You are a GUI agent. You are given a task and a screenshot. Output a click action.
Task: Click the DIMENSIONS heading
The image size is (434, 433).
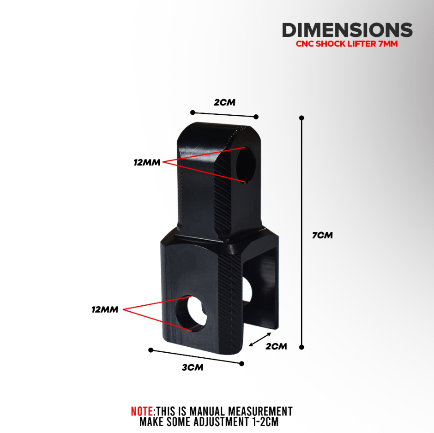[x=347, y=30]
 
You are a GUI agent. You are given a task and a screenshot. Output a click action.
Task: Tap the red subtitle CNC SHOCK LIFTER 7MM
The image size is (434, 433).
[x=347, y=44]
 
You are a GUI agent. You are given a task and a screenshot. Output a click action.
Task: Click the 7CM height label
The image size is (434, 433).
[x=322, y=235]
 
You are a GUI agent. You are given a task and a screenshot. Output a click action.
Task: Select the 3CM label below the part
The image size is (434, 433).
[x=193, y=368]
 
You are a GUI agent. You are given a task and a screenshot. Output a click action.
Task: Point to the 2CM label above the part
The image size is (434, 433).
[x=224, y=102]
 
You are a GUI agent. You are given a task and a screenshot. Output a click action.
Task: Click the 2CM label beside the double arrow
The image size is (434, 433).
[x=276, y=346]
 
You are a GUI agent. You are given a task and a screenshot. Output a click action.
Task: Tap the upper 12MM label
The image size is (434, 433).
[x=147, y=163]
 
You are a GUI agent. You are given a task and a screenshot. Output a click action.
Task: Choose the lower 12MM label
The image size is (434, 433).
[x=105, y=310]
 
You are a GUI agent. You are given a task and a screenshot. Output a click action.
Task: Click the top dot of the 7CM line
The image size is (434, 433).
[x=301, y=118]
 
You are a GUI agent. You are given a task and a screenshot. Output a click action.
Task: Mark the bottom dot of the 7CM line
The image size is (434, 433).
[x=301, y=347]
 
